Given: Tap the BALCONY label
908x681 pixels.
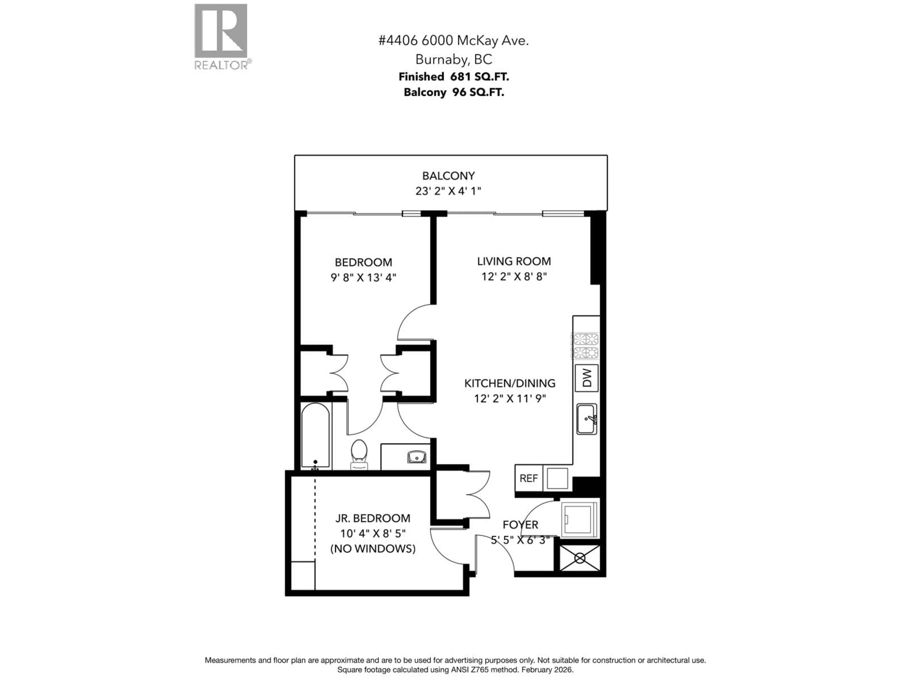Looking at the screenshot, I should pyautogui.click(x=448, y=176).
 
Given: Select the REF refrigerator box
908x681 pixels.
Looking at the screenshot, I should pyautogui.click(x=529, y=478).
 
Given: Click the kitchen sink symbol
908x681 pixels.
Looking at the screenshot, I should pyautogui.click(x=587, y=419).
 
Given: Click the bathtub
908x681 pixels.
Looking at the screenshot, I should pyautogui.click(x=315, y=435).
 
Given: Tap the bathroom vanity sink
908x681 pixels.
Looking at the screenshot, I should pyautogui.click(x=417, y=456).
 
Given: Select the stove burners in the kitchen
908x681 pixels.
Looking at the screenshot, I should pyautogui.click(x=586, y=346).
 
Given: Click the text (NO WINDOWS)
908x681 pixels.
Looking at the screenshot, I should pyautogui.click(x=373, y=548).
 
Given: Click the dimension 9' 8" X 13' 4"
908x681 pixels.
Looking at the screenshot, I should pyautogui.click(x=363, y=278).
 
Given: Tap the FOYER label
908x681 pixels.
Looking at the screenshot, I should pyautogui.click(x=520, y=525).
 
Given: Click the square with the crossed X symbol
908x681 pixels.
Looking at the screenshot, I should pyautogui.click(x=580, y=558).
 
